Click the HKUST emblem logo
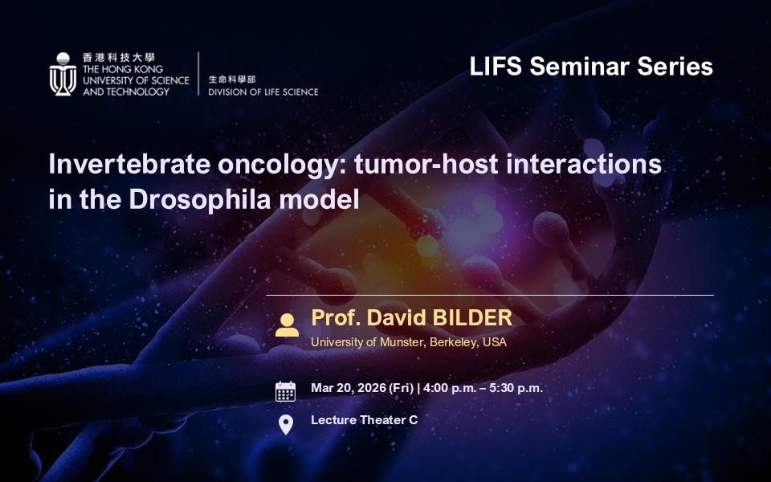pos(63,74)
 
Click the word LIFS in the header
pos(496,67)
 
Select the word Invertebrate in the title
pos(130,164)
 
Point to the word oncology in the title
pos(282,165)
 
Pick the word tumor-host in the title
pos(426,164)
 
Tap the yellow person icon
pos(288,325)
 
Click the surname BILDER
pos(472,318)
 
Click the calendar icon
pos(285,391)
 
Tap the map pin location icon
pos(286,424)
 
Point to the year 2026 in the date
pos(372,388)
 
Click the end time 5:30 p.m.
pos(516,388)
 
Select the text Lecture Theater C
pos(365,420)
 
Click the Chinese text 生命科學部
pos(232,79)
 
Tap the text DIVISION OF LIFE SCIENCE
pos(263,92)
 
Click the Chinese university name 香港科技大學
pos(119,58)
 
